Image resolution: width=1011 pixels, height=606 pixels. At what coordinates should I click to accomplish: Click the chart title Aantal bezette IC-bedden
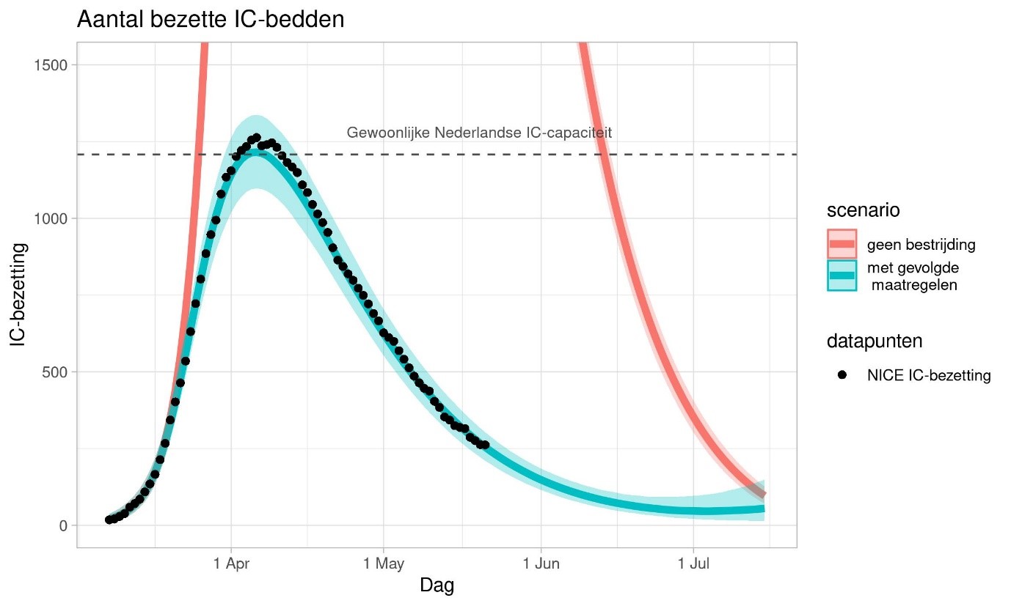click(211, 20)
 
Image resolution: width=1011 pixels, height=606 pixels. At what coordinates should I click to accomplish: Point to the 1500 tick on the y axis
click(52, 64)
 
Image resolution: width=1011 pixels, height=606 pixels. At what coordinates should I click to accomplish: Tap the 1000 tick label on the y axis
click(52, 218)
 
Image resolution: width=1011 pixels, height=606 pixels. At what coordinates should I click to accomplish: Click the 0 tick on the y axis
click(64, 525)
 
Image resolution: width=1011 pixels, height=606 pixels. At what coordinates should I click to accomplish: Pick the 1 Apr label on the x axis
click(231, 564)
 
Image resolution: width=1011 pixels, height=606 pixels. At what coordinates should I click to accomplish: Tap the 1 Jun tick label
click(541, 564)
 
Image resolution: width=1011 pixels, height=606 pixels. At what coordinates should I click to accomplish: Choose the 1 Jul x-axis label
click(693, 564)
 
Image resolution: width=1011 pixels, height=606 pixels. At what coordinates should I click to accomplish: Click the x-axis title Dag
click(437, 586)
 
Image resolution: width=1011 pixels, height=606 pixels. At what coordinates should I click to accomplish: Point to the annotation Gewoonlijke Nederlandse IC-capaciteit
click(479, 133)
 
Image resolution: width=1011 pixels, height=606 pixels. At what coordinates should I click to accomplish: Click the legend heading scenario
click(864, 210)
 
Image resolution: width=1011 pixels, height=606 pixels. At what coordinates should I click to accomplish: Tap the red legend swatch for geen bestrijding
click(842, 244)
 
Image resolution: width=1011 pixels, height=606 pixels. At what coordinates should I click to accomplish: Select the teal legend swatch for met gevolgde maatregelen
click(842, 276)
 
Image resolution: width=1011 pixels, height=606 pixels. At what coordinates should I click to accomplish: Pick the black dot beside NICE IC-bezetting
click(842, 375)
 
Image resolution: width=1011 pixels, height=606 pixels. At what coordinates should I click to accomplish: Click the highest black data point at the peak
click(257, 138)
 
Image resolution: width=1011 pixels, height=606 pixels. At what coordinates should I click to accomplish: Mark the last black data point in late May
click(485, 444)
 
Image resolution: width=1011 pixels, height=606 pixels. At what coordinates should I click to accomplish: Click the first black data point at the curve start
click(109, 520)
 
